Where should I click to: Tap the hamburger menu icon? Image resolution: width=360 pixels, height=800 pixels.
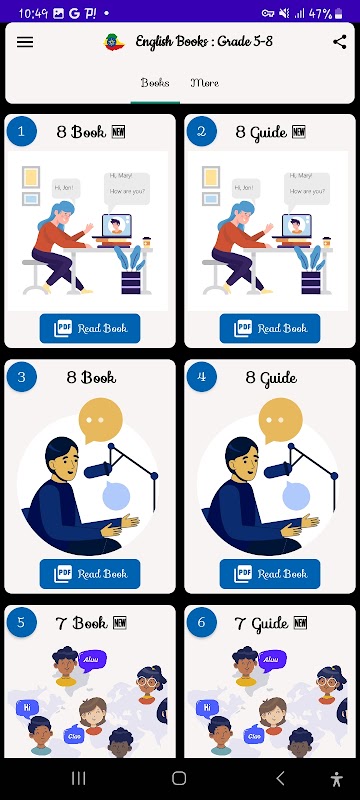[25, 42]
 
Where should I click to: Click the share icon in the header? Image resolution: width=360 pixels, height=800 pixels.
[340, 42]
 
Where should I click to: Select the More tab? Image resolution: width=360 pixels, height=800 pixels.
[204, 83]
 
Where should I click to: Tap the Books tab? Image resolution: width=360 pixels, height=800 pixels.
[155, 83]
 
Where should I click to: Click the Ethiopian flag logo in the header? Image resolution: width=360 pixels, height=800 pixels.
[114, 42]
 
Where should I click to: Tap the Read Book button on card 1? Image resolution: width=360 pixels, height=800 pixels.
[90, 329]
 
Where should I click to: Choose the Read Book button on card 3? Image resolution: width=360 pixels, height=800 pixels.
[90, 574]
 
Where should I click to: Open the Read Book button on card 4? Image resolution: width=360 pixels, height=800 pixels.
[270, 574]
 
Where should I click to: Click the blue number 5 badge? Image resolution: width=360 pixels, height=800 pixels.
[21, 622]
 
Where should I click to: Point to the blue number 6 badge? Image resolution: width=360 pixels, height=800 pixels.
[201, 622]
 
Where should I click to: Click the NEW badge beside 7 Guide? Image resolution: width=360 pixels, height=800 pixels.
[300, 623]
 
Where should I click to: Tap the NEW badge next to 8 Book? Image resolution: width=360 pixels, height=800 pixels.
[118, 132]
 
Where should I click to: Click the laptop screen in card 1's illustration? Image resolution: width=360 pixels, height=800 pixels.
[117, 225]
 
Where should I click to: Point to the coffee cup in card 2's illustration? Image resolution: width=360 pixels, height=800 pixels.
[326, 242]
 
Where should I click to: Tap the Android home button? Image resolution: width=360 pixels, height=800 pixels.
[179, 778]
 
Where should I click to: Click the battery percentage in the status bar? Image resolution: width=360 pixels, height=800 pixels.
[321, 13]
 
